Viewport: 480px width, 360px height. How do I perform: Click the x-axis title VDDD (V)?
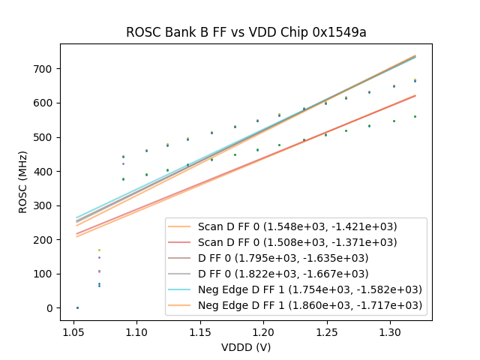coord(245,347)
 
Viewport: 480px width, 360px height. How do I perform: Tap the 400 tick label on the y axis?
coord(46,172)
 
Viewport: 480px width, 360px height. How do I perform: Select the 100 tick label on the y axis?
coord(46,274)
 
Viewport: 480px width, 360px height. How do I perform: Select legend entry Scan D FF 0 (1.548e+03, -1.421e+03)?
coord(297,226)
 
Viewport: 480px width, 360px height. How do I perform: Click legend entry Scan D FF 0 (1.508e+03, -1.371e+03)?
coord(297,242)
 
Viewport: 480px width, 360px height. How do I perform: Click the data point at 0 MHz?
coord(77,307)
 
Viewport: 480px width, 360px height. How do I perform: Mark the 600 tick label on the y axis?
coord(46,103)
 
